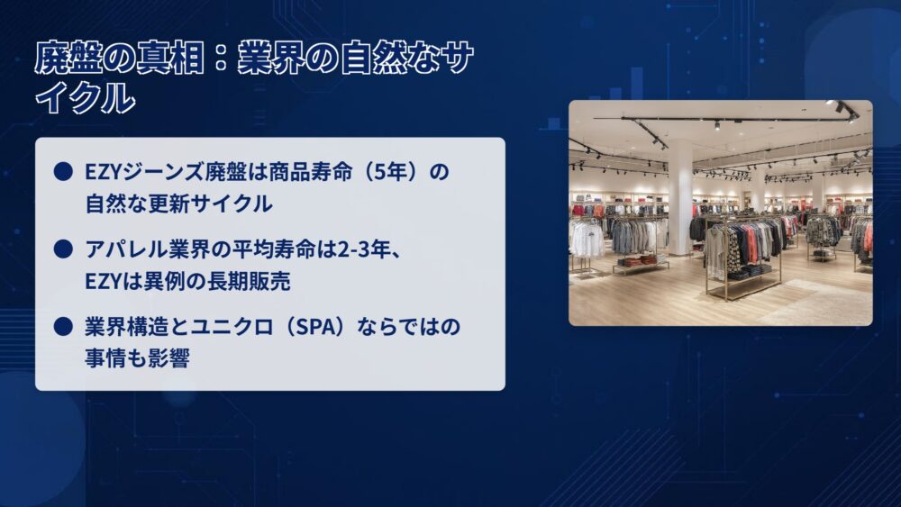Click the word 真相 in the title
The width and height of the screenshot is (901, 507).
(x=170, y=58)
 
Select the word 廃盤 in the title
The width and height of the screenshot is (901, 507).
(x=69, y=58)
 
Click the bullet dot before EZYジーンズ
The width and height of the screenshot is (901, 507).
(x=63, y=171)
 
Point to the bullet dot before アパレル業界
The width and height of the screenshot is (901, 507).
(x=63, y=249)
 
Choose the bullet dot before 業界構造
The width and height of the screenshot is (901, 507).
(x=63, y=326)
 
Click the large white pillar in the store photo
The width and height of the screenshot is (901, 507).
(x=679, y=198)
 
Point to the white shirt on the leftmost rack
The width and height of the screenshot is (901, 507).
(x=587, y=239)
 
